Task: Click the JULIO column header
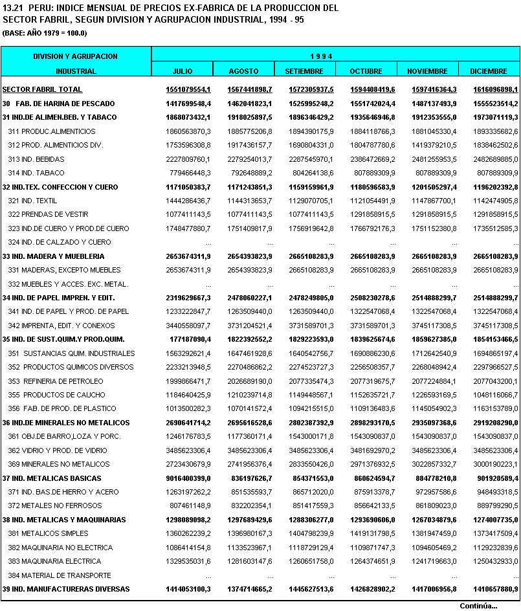[183, 71]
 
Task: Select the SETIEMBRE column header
[304, 71]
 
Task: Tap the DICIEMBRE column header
[489, 71]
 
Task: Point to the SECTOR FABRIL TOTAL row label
[42, 89]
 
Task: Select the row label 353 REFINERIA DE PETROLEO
[55, 381]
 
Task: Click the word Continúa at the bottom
[478, 606]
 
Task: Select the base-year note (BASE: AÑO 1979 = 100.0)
[45, 33]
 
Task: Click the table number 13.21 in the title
[13, 8]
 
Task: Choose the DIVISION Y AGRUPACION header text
[76, 56]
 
